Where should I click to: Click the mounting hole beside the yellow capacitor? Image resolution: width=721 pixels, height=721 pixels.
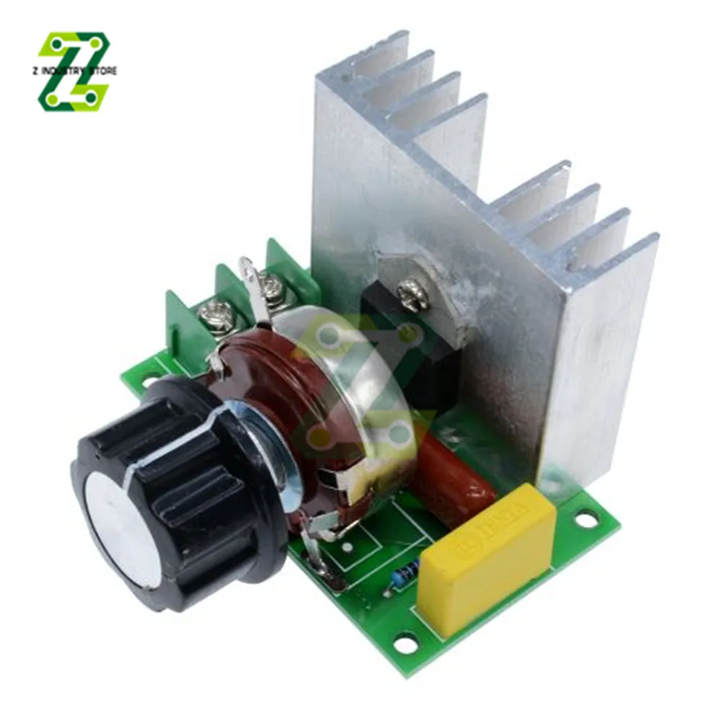tap(585, 518)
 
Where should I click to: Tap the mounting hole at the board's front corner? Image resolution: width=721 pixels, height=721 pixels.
tap(406, 642)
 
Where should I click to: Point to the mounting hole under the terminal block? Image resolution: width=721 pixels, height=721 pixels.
tap(151, 377)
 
